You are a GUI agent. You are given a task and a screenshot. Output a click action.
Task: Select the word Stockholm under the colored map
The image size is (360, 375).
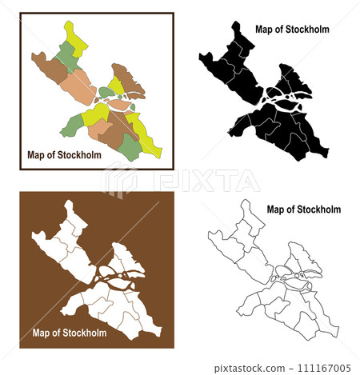pos(78,155)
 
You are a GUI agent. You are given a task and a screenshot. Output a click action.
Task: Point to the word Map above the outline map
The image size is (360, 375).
pos(276,209)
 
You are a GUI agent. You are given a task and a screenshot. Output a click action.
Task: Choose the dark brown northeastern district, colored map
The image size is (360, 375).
pos(126,78)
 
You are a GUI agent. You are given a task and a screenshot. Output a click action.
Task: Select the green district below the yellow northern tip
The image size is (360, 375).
pos(66,54)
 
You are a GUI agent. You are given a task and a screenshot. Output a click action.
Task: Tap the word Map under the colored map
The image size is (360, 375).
pos(37,155)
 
